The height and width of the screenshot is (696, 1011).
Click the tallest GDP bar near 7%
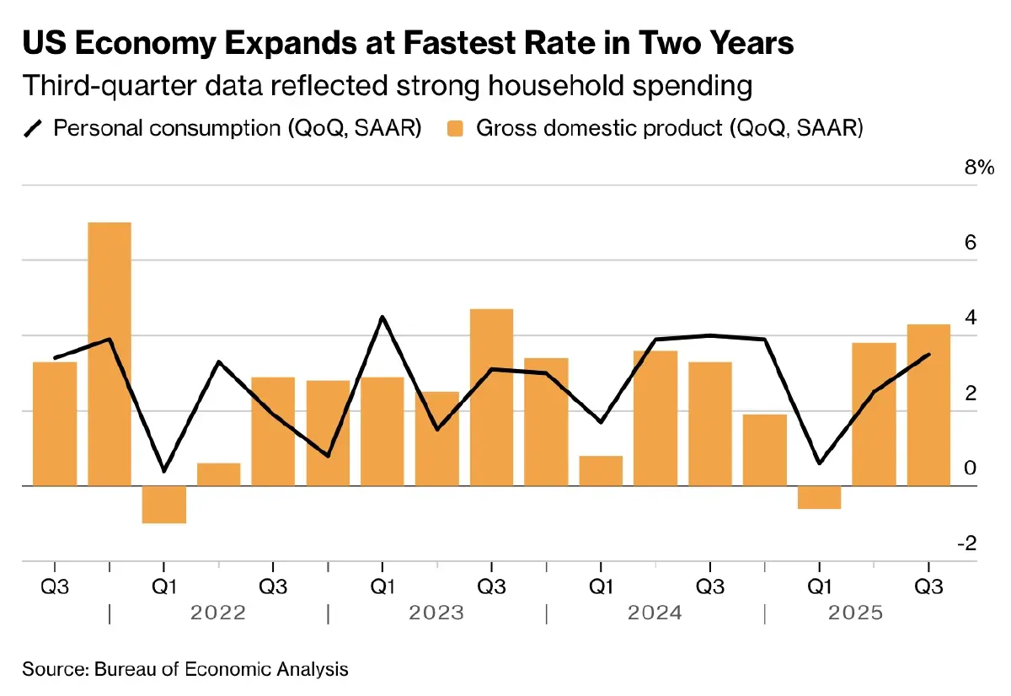[110, 354]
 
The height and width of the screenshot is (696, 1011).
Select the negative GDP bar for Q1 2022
[163, 505]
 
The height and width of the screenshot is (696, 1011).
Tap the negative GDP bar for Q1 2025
[819, 497]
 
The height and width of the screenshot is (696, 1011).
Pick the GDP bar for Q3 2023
[491, 397]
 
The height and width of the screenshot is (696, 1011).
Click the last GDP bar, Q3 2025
[928, 404]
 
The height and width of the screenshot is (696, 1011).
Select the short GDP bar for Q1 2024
[601, 471]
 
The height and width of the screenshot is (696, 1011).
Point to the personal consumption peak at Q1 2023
[382, 317]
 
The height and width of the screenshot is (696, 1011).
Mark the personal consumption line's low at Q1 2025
[819, 463]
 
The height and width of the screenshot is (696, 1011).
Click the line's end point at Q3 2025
[928, 354]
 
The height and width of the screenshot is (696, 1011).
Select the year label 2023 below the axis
[436, 613]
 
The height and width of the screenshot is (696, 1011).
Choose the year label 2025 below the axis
[855, 613]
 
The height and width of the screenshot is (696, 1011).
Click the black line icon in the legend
[34, 128]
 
